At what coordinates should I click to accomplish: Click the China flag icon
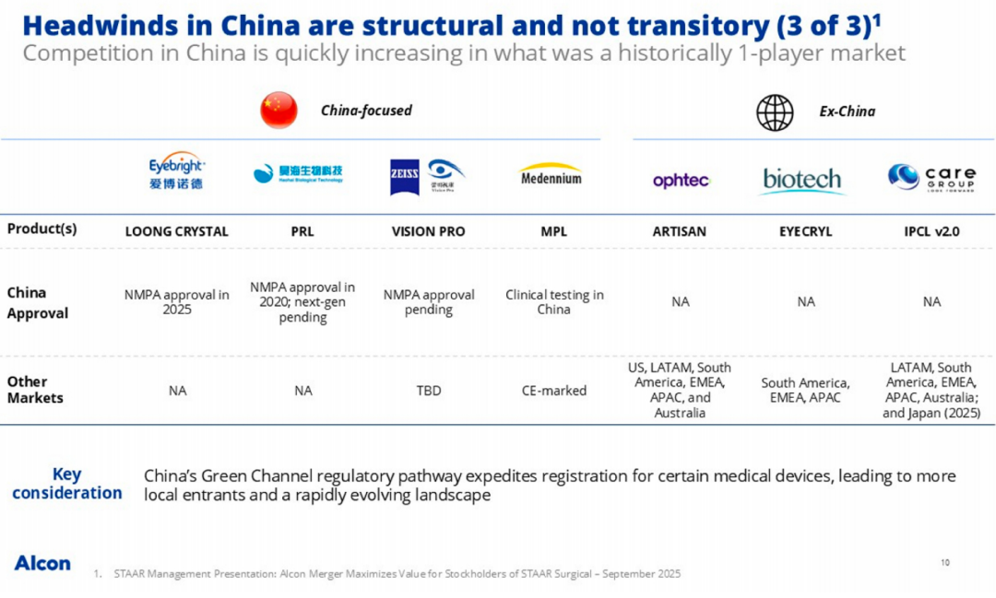tap(279, 111)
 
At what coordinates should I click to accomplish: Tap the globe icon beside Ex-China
tap(775, 111)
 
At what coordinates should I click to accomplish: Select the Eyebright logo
tap(177, 172)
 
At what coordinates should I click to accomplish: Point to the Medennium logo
tap(551, 175)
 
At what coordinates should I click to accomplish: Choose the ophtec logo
tap(681, 181)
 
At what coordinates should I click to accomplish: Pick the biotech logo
tap(802, 180)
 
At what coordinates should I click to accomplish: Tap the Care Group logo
tap(931, 176)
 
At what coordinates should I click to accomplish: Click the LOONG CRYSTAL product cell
tap(177, 231)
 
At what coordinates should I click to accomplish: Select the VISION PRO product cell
tap(429, 231)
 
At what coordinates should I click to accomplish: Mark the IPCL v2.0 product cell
tap(931, 231)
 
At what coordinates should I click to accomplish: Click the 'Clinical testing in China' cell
tap(554, 302)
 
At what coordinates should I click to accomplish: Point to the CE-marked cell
tap(554, 391)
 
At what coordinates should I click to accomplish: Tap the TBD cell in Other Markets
tap(429, 391)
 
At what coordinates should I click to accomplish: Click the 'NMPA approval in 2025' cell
tap(177, 302)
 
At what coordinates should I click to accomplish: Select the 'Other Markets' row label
tap(35, 390)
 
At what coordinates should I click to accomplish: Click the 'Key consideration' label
tap(66, 484)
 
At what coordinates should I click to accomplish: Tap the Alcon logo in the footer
tap(42, 563)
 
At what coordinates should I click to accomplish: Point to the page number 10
tap(945, 562)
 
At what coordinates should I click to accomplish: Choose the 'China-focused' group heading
tap(366, 111)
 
